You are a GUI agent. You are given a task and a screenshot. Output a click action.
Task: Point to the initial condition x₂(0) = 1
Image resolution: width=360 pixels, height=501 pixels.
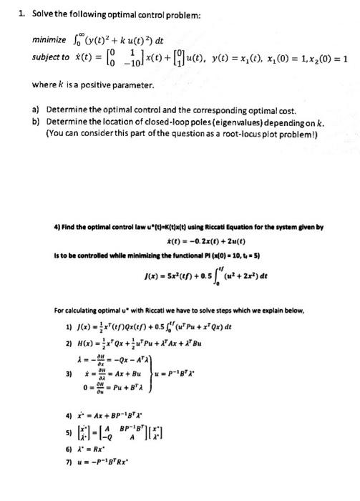pyautogui.click(x=323, y=58)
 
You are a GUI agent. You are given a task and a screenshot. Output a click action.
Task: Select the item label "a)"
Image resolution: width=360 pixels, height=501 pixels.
pyautogui.click(x=36, y=110)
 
